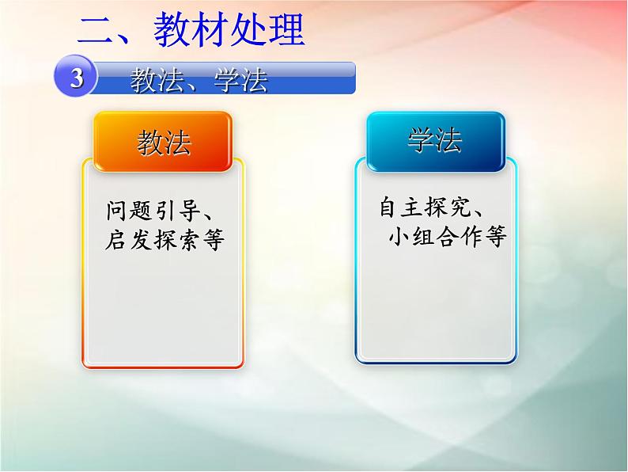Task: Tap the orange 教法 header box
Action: pos(164,142)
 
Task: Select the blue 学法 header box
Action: pos(436,141)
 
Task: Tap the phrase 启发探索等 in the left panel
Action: pos(165,240)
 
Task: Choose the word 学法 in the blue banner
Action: pos(240,80)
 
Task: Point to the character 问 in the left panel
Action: pos(116,211)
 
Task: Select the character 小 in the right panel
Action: pos(399,237)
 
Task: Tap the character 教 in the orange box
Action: pos(149,143)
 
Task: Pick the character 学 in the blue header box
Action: pos(421,141)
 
